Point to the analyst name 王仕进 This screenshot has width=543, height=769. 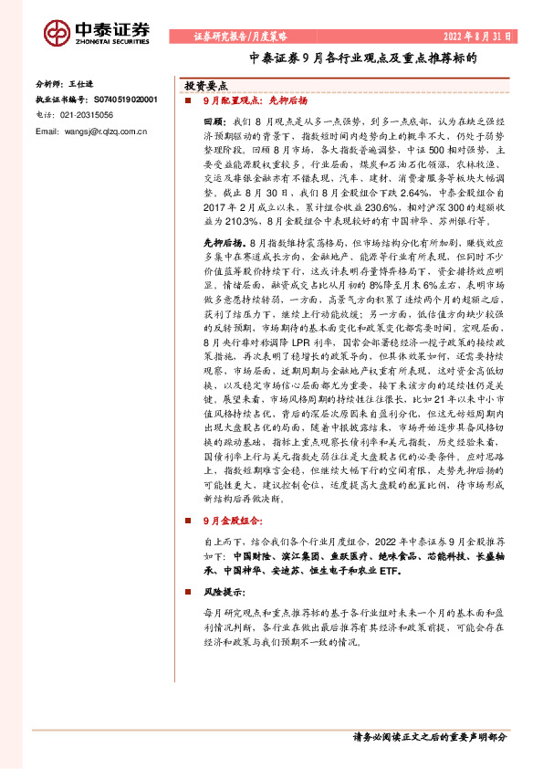(82, 82)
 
